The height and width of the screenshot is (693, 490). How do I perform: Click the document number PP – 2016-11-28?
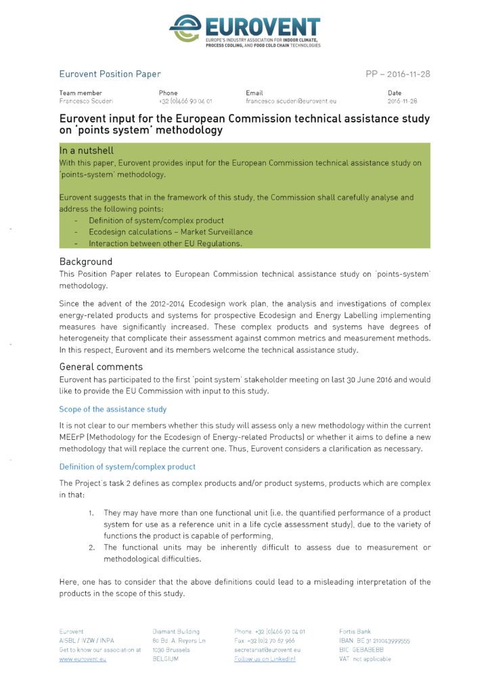click(x=397, y=74)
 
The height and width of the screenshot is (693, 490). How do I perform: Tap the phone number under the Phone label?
click(x=185, y=101)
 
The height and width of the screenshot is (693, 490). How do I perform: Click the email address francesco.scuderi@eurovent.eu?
click(x=290, y=101)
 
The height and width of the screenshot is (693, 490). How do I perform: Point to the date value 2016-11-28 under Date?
click(x=402, y=101)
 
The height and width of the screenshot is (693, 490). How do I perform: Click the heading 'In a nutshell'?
click(x=87, y=151)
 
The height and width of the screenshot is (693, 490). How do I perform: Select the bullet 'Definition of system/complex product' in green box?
click(x=156, y=221)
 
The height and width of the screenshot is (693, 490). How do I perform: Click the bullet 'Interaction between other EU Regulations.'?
click(x=165, y=243)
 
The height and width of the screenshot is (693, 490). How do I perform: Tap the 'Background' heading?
click(x=86, y=261)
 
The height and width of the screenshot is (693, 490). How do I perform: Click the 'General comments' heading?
click(x=101, y=367)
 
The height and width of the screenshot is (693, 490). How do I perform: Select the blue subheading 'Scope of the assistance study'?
click(x=112, y=409)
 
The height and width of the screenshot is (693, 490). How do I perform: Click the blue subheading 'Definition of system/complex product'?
click(x=127, y=466)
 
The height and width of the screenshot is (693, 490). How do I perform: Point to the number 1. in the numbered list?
click(x=91, y=513)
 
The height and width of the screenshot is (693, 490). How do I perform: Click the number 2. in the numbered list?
click(x=91, y=547)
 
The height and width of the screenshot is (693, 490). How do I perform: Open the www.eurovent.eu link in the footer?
click(x=83, y=658)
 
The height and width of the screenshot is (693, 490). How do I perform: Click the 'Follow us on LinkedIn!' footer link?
click(x=265, y=658)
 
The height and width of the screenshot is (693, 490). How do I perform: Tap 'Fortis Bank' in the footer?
click(x=355, y=631)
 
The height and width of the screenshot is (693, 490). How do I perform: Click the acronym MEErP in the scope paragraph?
click(x=72, y=437)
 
